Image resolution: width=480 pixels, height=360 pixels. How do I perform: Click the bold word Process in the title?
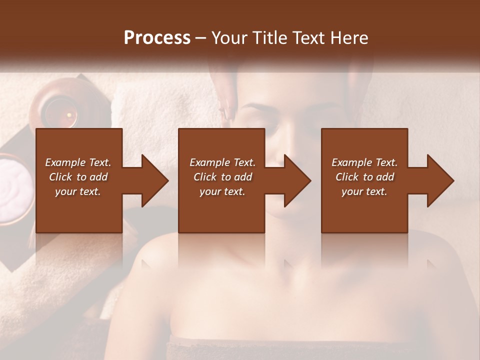click(157, 38)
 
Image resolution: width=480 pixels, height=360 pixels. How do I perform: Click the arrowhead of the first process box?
click(155, 180)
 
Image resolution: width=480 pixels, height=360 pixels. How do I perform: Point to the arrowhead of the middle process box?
click(297, 180)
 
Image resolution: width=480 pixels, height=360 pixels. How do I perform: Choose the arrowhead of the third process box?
click(440, 180)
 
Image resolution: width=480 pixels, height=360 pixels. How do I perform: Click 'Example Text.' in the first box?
click(78, 162)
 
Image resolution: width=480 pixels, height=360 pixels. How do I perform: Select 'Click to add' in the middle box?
click(222, 177)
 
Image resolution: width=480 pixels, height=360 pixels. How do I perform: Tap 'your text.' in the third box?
click(364, 191)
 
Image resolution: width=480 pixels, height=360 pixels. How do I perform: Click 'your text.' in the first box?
click(78, 191)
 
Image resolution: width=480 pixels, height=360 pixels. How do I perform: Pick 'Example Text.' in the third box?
click(364, 162)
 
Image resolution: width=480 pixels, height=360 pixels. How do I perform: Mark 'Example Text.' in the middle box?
click(222, 162)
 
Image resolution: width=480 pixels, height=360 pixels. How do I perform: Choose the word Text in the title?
click(306, 38)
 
